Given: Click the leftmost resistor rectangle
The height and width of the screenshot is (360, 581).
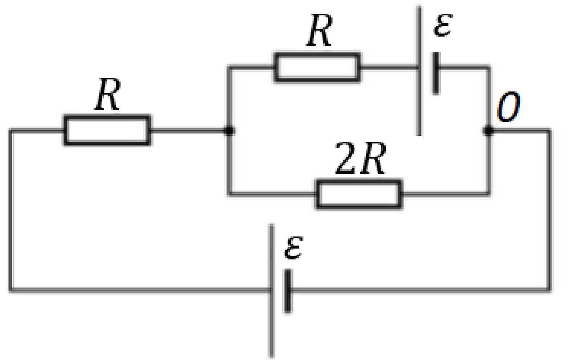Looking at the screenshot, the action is click(107, 130).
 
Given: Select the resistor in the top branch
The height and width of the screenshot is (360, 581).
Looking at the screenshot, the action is click(317, 68).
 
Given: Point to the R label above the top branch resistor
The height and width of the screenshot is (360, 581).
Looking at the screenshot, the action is click(319, 30).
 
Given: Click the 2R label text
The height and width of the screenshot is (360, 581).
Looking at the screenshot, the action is click(361, 158).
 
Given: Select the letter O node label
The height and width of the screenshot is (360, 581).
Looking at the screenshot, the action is click(508, 107).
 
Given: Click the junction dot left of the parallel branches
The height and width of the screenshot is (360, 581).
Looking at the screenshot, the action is click(229, 130).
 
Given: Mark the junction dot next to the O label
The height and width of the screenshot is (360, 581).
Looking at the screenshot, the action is click(489, 131).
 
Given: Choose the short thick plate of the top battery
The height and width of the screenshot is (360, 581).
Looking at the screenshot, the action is click(436, 73).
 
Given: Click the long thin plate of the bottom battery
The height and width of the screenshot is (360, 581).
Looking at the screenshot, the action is click(271, 290).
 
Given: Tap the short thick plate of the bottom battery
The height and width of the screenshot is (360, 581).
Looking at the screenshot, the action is click(288, 291).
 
